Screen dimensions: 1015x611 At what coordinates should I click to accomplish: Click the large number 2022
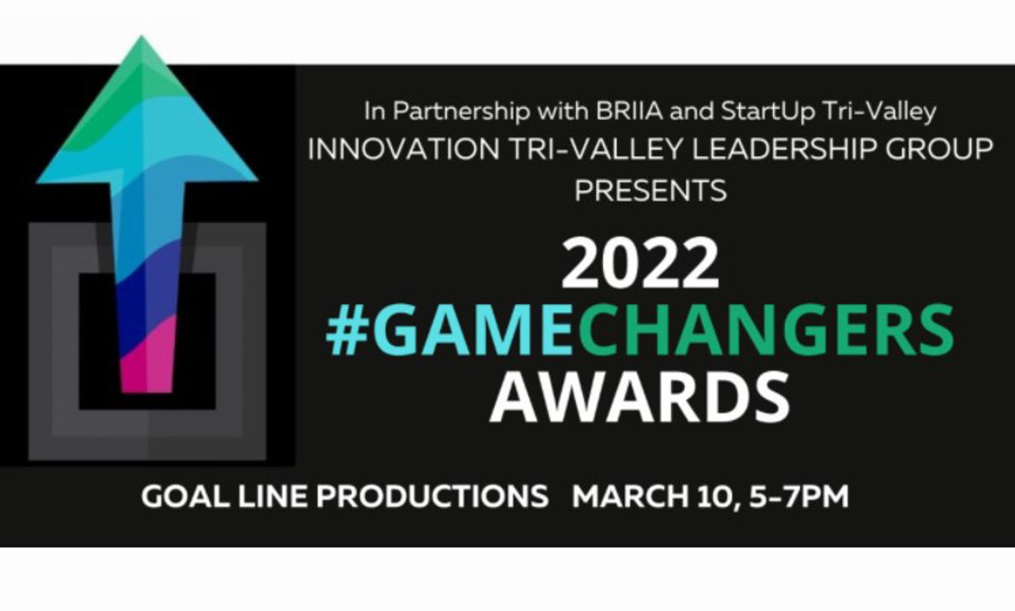(x=639, y=264)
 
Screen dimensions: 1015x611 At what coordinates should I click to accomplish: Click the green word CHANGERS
(x=762, y=330)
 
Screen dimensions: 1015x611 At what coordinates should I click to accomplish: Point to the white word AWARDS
(x=639, y=397)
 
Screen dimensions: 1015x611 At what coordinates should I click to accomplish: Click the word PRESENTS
(x=650, y=190)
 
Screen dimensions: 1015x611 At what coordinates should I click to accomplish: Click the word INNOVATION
(x=403, y=150)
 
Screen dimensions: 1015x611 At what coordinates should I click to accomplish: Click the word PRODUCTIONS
(x=432, y=497)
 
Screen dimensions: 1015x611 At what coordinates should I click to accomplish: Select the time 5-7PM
(x=798, y=497)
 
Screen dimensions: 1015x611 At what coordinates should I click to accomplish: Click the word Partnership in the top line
(x=461, y=112)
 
